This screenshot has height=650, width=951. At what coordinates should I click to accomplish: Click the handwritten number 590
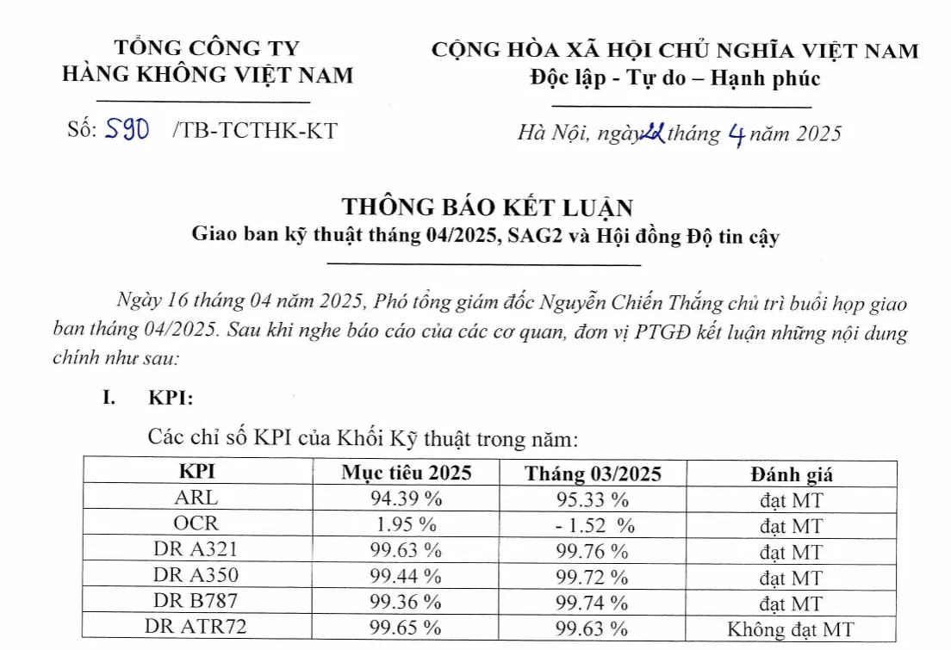click(x=127, y=131)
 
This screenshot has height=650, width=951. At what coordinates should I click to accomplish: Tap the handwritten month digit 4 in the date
click(x=735, y=135)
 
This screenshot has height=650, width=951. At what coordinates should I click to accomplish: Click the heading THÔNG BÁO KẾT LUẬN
click(x=488, y=207)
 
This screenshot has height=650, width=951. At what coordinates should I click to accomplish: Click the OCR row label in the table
click(x=196, y=523)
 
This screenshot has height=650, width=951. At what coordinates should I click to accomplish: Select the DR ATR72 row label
click(x=196, y=628)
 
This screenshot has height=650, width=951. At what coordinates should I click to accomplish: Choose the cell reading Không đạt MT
click(x=792, y=629)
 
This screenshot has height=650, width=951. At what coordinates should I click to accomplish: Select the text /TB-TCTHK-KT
click(x=255, y=131)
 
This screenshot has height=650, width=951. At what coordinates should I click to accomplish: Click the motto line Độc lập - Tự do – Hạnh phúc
click(x=675, y=79)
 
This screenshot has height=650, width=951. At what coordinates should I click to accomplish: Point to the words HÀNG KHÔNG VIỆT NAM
click(x=208, y=75)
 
